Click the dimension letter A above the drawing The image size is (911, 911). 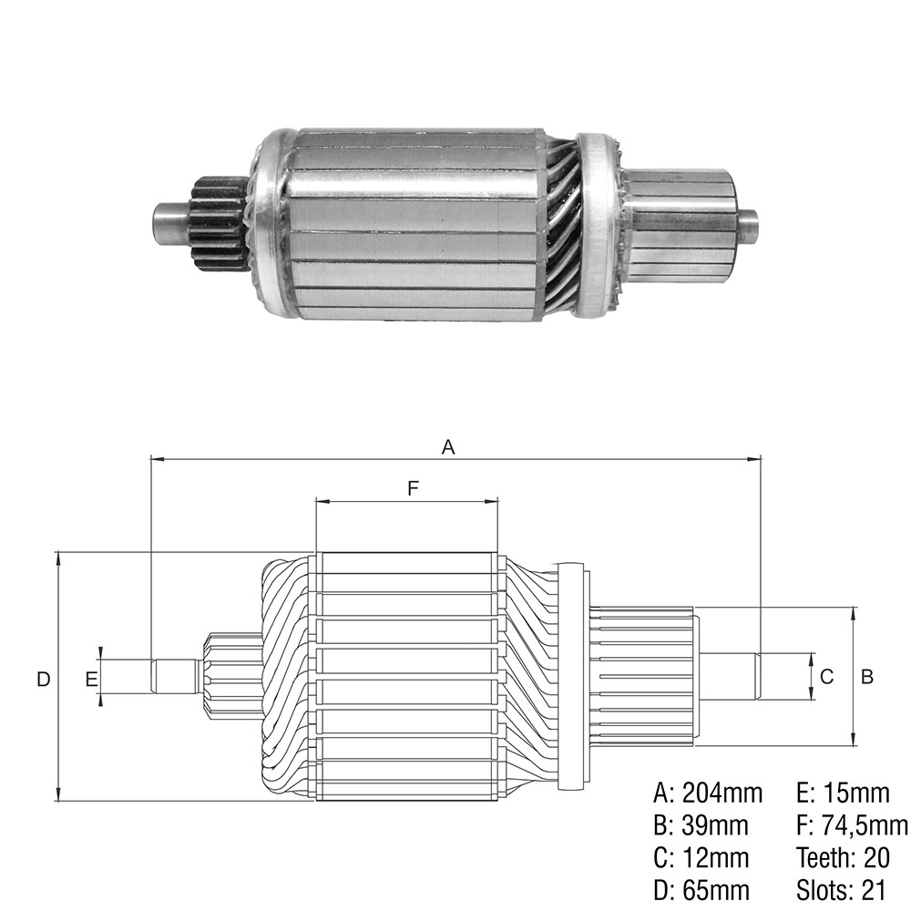(448, 446)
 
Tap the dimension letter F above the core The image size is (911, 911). (413, 488)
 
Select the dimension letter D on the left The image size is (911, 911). (44, 679)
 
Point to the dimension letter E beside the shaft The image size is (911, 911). (91, 679)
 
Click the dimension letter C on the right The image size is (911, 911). (826, 676)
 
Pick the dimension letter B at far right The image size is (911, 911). (867, 676)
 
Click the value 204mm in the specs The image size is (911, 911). (722, 793)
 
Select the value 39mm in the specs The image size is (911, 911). (714, 825)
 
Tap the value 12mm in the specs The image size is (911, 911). (715, 857)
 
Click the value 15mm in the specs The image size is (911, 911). (856, 793)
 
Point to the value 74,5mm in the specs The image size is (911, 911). (865, 825)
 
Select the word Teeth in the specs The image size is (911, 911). (824, 857)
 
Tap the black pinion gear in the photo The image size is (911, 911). (220, 223)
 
